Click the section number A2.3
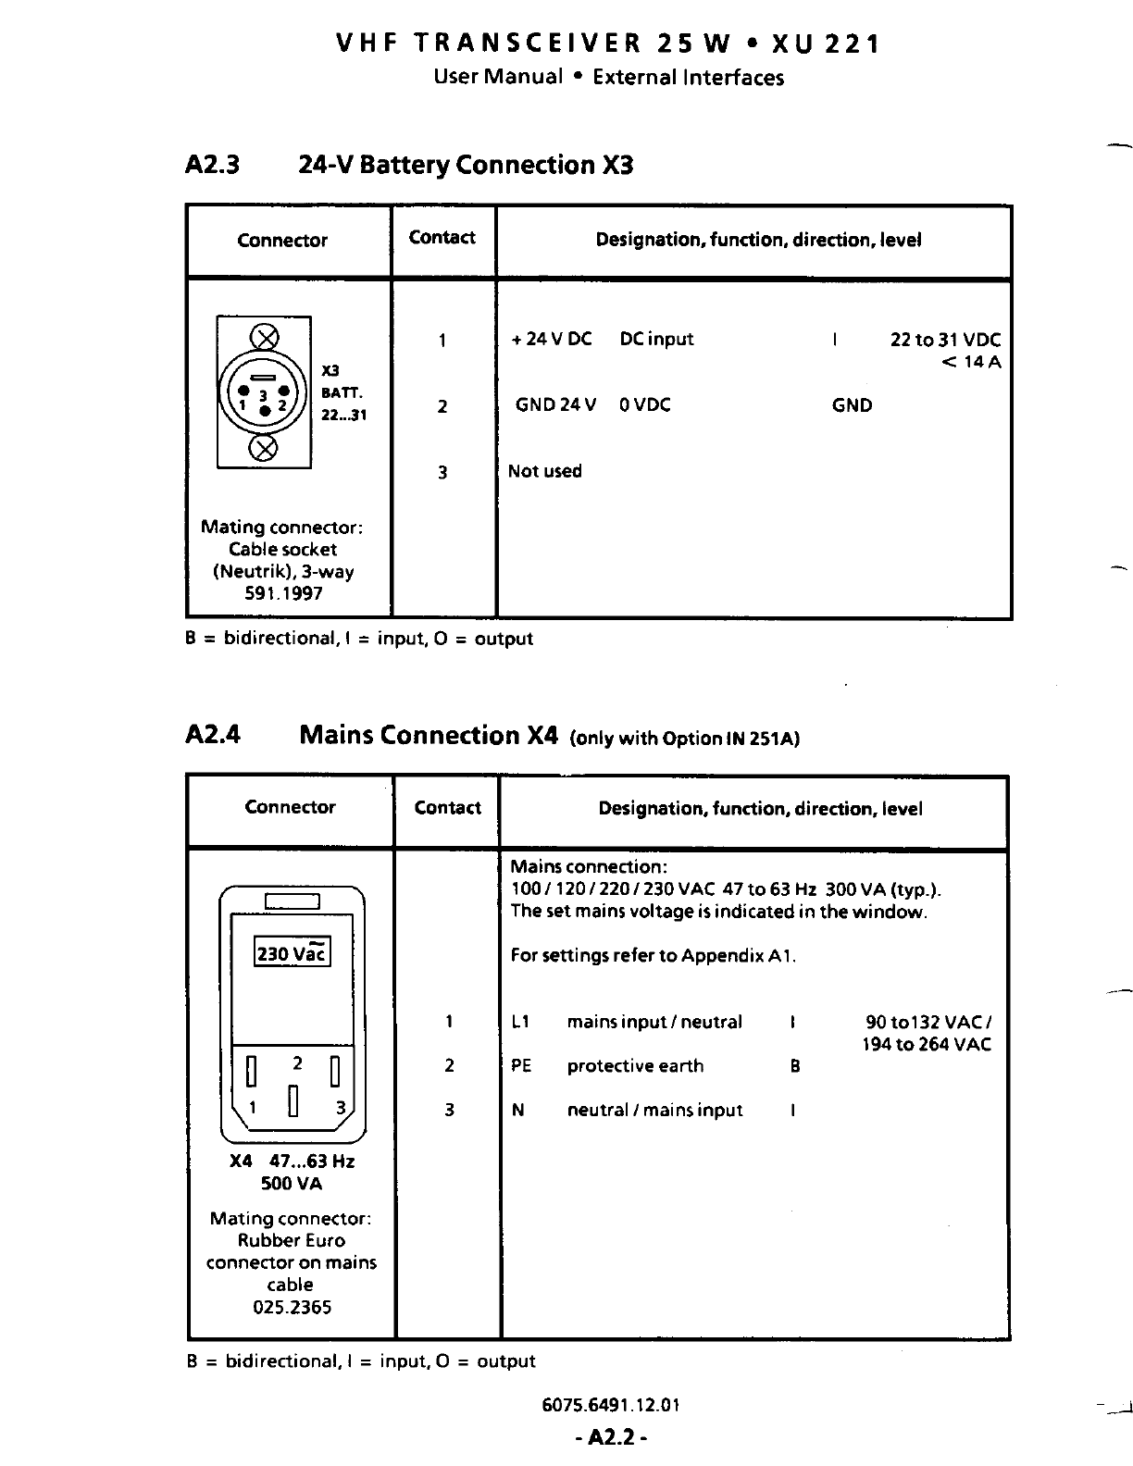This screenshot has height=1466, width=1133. [212, 165]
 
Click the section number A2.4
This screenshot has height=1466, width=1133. [213, 735]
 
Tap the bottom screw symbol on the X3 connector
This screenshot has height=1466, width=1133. [265, 450]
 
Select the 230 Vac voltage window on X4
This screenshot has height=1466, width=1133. [292, 952]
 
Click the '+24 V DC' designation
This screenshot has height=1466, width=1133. [552, 340]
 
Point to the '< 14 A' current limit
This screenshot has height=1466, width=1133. [971, 362]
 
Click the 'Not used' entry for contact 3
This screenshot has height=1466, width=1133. [545, 471]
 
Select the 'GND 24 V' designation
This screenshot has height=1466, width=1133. [555, 405]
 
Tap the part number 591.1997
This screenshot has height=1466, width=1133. [283, 593]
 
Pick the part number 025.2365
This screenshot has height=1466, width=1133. [292, 1307]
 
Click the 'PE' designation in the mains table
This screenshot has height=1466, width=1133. [521, 1066]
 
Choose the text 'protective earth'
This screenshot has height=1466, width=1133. [635, 1066]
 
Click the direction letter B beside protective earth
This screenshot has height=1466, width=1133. [794, 1066]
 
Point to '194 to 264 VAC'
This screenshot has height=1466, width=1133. [927, 1045]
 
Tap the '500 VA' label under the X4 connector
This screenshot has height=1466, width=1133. [292, 1184]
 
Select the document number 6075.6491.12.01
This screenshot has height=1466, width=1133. [611, 1405]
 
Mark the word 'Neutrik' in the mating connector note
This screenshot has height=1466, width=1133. [247, 571]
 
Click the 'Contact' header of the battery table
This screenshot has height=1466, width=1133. [442, 238]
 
